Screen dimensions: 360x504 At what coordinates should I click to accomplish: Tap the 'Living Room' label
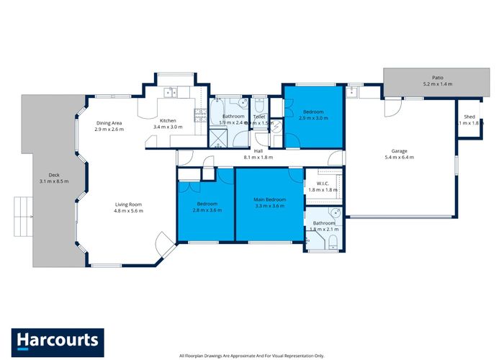pyautogui.click(x=129, y=204)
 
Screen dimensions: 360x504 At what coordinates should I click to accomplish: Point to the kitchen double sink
pyautogui.click(x=170, y=92)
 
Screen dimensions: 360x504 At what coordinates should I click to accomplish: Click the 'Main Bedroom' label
pyautogui.click(x=269, y=199)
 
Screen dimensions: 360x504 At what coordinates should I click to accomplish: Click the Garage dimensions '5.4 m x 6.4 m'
pyautogui.click(x=400, y=156)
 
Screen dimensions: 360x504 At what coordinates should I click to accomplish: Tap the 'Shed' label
pyautogui.click(x=469, y=117)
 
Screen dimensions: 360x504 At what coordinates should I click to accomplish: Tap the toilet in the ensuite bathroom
pyautogui.click(x=332, y=245)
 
